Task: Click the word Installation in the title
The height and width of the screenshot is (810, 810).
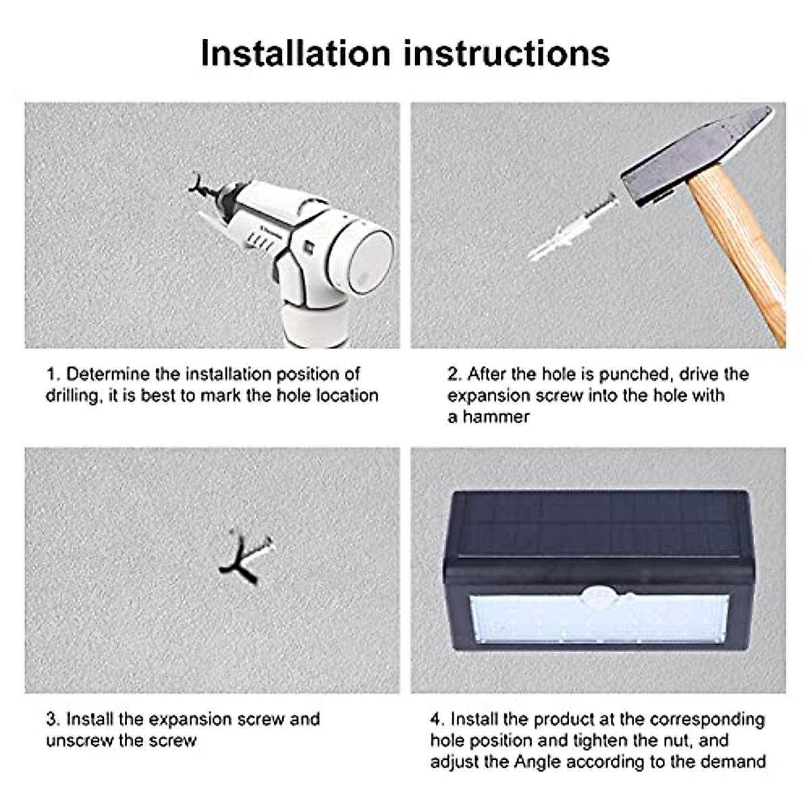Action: (x=296, y=53)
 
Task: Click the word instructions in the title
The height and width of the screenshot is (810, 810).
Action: (x=506, y=53)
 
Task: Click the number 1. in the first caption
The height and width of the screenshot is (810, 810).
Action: (x=53, y=374)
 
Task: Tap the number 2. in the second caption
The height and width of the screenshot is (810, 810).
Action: (x=454, y=374)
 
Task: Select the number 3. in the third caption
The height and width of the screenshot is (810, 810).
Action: (x=53, y=720)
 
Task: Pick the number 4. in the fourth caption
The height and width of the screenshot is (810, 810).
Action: (x=438, y=720)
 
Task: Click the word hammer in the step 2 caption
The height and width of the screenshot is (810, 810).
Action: (x=496, y=417)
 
